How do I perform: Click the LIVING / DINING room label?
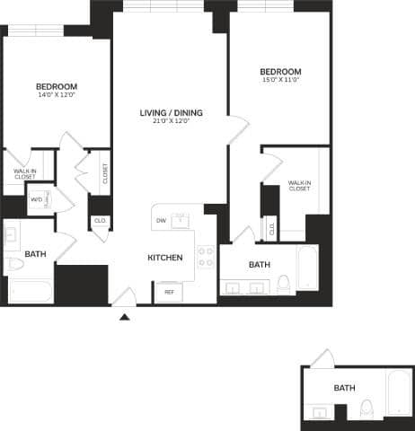pos(171,112)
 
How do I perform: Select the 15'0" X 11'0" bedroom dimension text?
pos(280,81)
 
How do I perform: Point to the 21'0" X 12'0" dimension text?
pos(171,122)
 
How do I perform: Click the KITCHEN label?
pos(165,258)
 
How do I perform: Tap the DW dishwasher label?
pos(161,220)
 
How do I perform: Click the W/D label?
pos(36,199)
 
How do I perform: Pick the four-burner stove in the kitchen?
pos(206,258)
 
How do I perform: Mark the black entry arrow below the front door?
pos(125,315)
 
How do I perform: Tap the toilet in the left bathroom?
pos(14,265)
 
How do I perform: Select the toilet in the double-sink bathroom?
pos(283,285)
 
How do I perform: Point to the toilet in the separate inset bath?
pos(366,411)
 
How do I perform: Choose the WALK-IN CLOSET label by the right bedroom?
pos(299,185)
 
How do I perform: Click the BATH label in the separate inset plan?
pos(344,388)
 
